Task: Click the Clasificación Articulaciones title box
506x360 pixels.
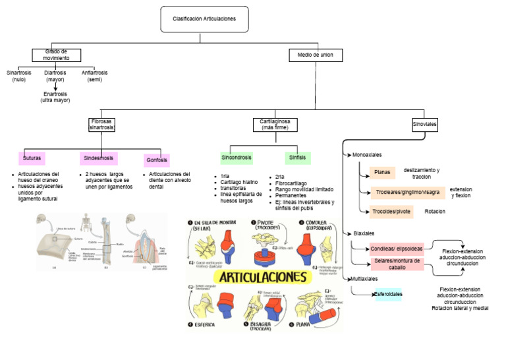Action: coord(203,19)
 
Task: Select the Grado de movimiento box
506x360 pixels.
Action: coord(57,55)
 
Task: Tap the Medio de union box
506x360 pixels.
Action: coord(315,55)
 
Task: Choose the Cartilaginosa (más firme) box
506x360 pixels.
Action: coord(275,124)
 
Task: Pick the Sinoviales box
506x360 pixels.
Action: coord(424,123)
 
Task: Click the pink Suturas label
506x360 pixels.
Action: coord(32,158)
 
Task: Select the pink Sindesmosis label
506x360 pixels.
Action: coord(99,158)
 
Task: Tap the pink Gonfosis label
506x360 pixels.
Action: coord(156,160)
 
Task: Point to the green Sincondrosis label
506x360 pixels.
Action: coord(236,158)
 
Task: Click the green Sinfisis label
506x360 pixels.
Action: coord(297,158)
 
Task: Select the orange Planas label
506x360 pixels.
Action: coord(381,173)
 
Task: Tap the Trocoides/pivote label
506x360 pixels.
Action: coord(391,212)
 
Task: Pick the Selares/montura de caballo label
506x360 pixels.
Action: coord(397,264)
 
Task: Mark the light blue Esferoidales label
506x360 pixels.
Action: coord(388,294)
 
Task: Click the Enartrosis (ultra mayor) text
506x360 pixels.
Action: coord(55,97)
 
